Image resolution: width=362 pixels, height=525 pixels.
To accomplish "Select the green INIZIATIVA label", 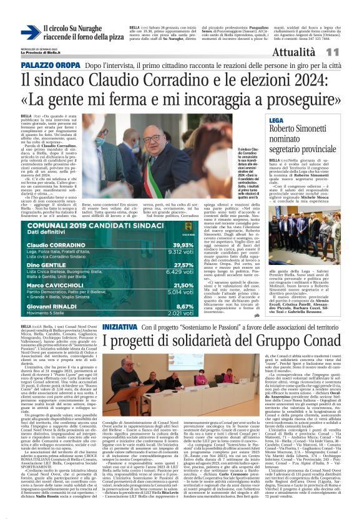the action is [120, 327].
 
